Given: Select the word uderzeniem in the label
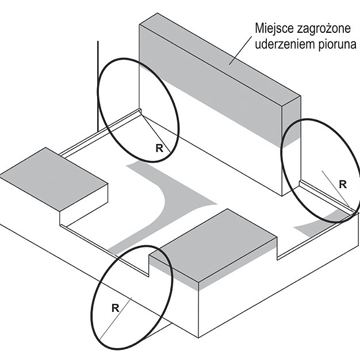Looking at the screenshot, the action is (x=285, y=44).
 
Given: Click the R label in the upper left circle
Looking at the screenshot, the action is (x=159, y=148).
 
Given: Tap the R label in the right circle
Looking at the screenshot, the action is (x=343, y=185).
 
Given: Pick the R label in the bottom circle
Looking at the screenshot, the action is (x=116, y=308).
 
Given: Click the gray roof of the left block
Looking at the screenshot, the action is (x=53, y=179).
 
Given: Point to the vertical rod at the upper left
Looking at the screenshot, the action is (x=98, y=86).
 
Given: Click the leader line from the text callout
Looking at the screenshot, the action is (x=240, y=50).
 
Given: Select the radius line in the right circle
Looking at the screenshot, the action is (x=336, y=189).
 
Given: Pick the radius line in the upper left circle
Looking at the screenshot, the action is (x=156, y=134).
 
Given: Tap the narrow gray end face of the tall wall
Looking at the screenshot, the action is (x=292, y=123).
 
